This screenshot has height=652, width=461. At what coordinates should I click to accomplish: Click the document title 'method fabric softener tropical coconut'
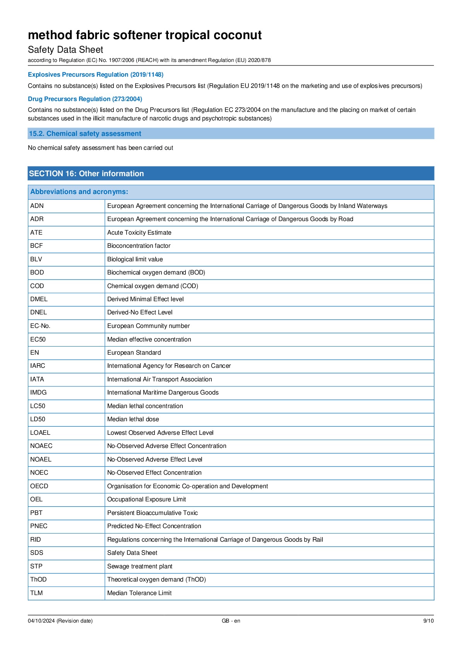click(145, 35)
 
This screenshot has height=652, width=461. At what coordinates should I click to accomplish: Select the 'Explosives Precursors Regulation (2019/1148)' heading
click(96, 75)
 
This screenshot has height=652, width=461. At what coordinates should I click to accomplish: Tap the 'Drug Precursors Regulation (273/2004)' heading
click(85, 99)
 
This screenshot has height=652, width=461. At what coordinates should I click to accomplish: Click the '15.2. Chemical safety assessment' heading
click(85, 134)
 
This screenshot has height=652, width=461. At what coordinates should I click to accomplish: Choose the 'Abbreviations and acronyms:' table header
click(79, 192)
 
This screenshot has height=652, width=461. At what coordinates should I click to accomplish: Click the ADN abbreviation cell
click(37, 206)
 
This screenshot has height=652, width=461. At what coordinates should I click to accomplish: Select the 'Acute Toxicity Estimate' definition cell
click(139, 233)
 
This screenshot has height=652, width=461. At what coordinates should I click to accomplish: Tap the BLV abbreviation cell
click(36, 259)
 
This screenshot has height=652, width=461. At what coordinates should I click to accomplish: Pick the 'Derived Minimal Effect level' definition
click(146, 299)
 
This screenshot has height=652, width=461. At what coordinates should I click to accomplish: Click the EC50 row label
click(38, 340)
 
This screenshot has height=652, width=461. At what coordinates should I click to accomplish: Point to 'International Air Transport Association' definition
click(159, 379)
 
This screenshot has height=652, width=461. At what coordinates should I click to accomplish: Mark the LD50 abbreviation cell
click(38, 419)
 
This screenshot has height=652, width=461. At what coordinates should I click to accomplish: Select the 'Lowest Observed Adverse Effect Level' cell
click(160, 433)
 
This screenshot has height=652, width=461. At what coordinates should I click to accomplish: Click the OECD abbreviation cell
click(39, 486)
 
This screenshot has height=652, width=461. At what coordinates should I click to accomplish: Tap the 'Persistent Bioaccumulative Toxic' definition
click(153, 513)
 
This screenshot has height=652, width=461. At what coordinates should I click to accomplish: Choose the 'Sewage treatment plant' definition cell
click(140, 566)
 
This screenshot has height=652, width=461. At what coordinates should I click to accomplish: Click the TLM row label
click(37, 593)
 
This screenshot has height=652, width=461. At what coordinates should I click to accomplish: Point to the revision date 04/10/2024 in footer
click(60, 621)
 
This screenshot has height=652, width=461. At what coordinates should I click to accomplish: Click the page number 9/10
click(428, 621)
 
